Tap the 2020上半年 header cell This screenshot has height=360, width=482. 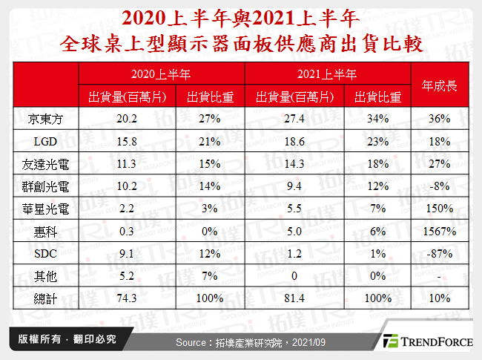coord(161,74)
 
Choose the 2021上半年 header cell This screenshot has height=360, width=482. coord(327,74)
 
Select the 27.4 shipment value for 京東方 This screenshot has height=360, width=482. coord(286,119)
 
